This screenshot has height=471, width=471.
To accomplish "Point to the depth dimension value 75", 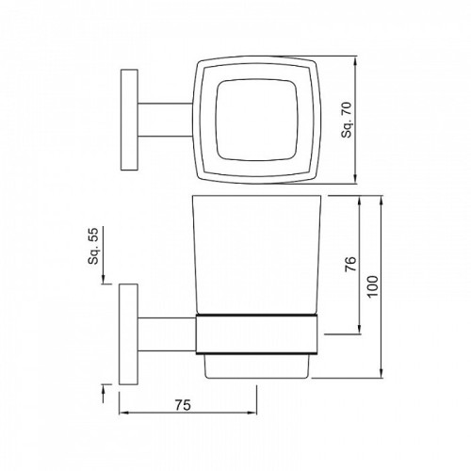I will click(x=185, y=405).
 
